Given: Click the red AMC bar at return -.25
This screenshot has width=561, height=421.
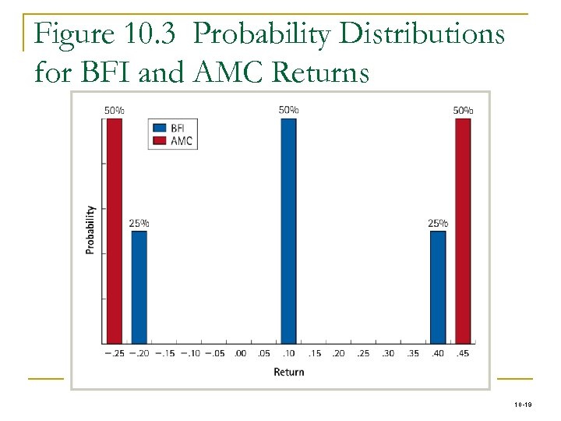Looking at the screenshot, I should (115, 230).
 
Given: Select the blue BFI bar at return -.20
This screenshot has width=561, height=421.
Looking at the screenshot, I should (139, 286).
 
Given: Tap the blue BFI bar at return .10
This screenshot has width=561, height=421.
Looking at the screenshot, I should (288, 230).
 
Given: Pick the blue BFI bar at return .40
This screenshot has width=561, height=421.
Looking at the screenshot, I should (438, 286).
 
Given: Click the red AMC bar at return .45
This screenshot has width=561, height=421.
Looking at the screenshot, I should (463, 230).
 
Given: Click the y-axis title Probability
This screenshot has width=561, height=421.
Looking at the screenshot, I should (90, 230).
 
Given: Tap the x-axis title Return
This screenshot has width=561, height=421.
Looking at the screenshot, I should (288, 372).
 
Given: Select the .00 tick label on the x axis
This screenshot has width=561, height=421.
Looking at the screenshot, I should (239, 353).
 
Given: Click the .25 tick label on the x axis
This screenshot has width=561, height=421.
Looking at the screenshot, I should (363, 353).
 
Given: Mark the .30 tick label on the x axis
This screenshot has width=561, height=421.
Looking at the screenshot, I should (388, 353).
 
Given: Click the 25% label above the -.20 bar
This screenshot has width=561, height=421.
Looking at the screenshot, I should (139, 223).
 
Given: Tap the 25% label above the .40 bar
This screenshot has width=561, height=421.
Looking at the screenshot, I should (438, 223).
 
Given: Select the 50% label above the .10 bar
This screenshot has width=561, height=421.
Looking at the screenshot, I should (288, 110).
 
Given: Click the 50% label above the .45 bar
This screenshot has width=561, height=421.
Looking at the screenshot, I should (463, 110).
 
